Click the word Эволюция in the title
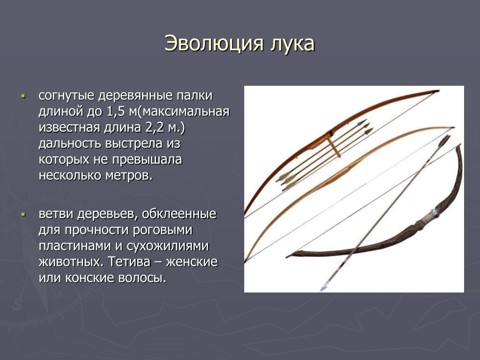pyautogui.click(x=214, y=43)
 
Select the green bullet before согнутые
pyautogui.click(x=22, y=96)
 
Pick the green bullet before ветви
pyautogui.click(x=22, y=214)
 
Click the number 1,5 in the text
pyautogui.click(x=115, y=111)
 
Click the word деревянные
pyautogui.click(x=135, y=96)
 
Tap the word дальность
pyautogui.click(x=70, y=143)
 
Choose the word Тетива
pyautogui.click(x=129, y=262)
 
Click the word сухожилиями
pyautogui.click(x=168, y=247)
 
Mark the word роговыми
pyautogui.click(x=163, y=231)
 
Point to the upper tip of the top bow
pyautogui.click(x=438, y=91)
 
